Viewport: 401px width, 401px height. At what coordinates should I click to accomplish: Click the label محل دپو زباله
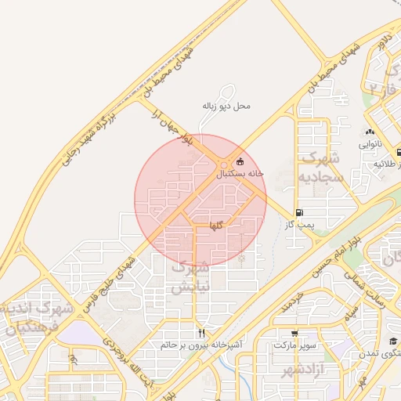coord(227,105)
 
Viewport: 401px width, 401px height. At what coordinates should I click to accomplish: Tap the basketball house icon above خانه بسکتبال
coord(240,162)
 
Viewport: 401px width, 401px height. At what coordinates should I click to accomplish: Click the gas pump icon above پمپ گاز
coord(299,213)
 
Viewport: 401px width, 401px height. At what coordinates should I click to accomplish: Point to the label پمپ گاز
coord(299,224)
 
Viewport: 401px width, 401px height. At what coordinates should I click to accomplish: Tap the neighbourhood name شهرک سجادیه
coord(322,168)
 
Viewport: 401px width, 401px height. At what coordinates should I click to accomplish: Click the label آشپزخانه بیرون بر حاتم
coord(201,345)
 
